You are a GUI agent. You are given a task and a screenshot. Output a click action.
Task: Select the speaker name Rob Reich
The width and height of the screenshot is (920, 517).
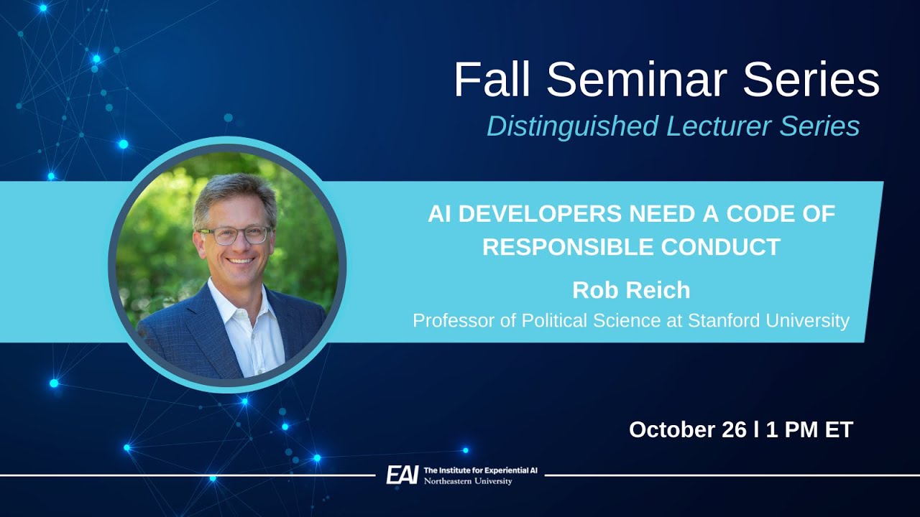[x=631, y=290]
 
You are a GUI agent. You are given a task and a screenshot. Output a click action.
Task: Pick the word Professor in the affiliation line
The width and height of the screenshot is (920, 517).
[x=454, y=320]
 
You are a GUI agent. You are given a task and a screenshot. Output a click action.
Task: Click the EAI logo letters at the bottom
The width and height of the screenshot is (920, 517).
[x=402, y=475]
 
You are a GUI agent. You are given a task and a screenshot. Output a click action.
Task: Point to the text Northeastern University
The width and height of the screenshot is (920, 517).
[x=468, y=481]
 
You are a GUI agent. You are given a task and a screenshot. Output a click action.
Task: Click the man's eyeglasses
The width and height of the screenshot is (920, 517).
[x=235, y=235]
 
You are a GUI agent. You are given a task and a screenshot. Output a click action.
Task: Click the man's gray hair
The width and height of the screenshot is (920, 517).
[x=234, y=192]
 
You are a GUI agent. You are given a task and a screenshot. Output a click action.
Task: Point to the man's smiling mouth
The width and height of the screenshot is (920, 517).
[x=239, y=260]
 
